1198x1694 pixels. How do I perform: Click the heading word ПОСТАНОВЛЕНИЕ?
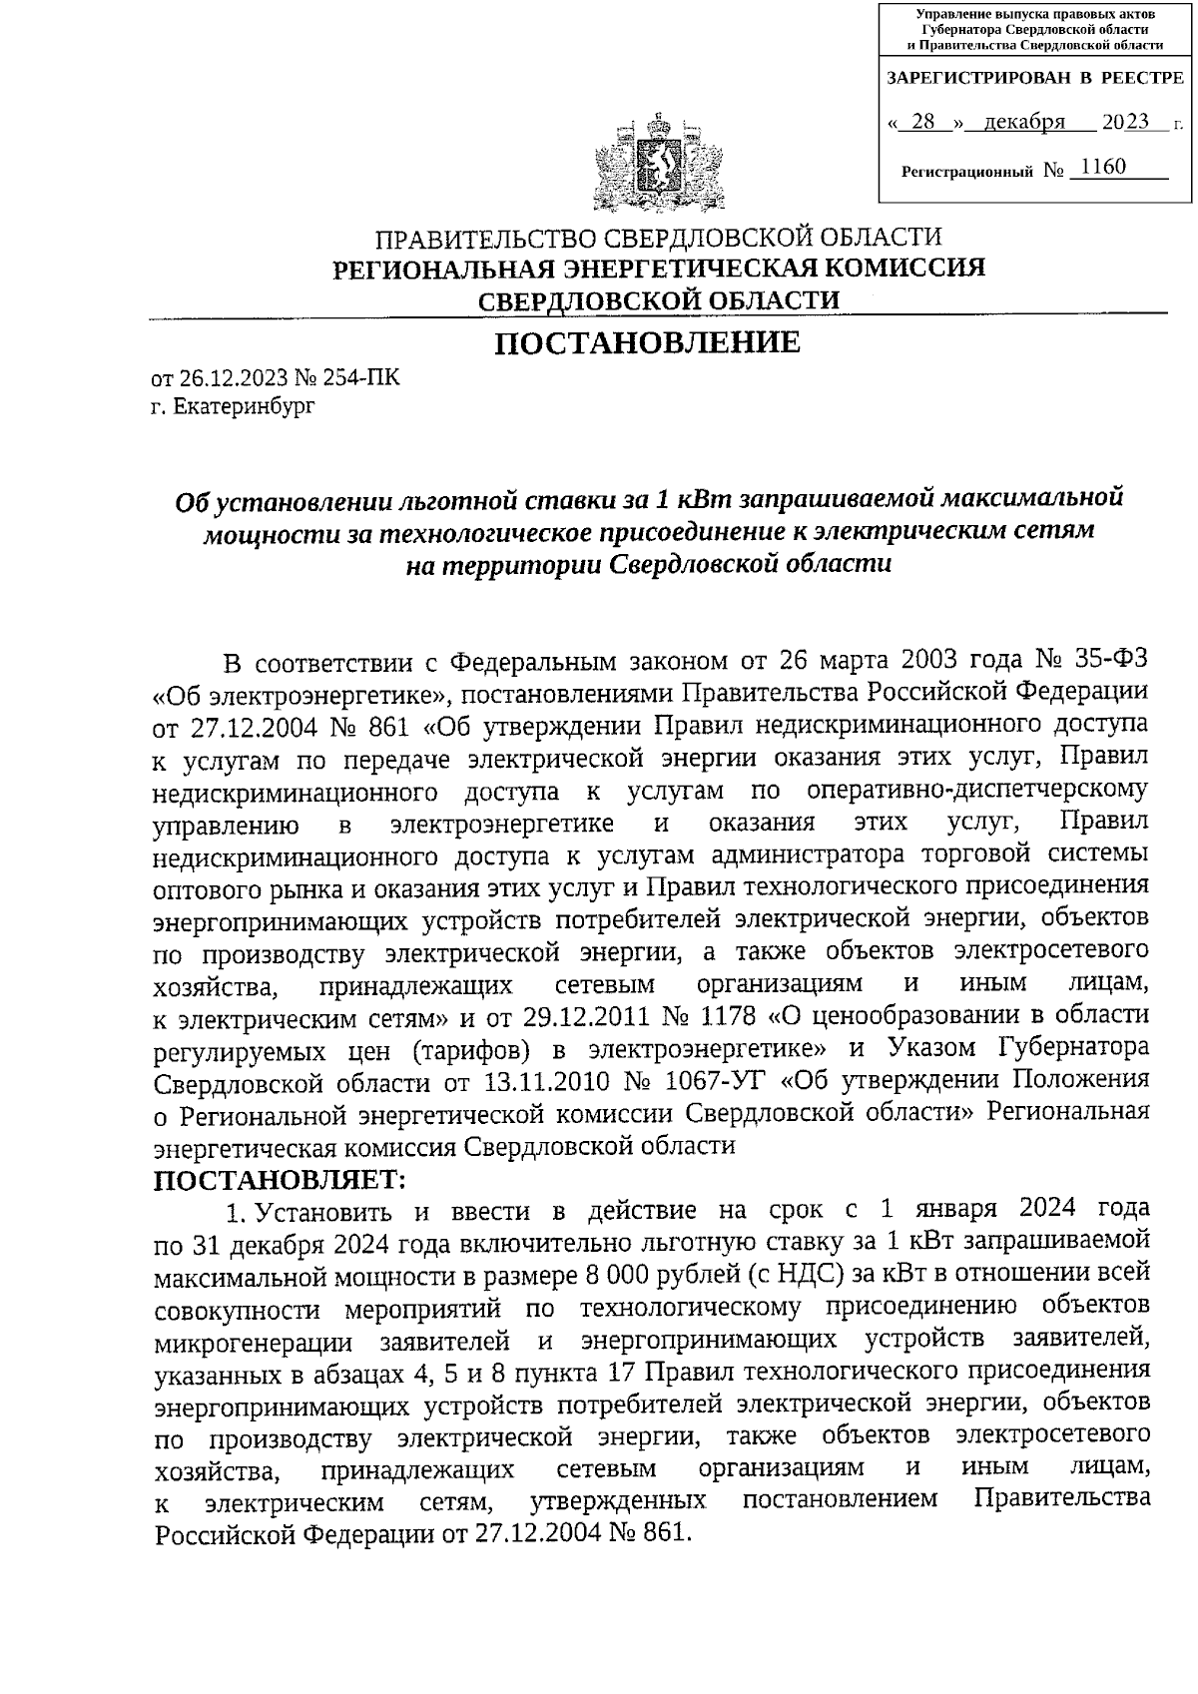[x=648, y=343]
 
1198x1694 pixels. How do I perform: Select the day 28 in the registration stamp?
[x=923, y=123]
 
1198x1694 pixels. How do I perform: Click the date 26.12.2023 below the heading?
[x=231, y=379]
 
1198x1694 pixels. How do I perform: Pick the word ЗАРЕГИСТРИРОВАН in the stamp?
[x=964, y=78]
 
